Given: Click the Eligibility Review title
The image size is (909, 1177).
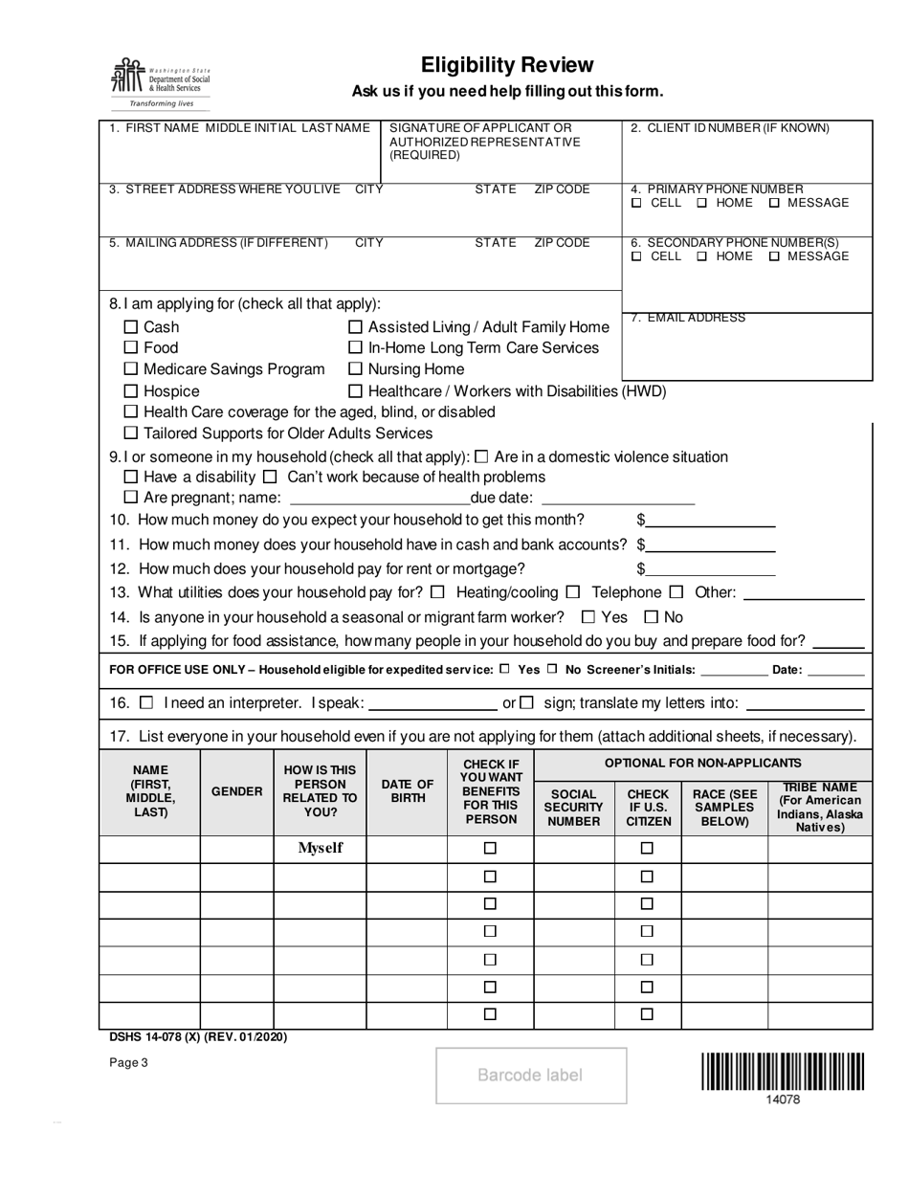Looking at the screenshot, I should [507, 65].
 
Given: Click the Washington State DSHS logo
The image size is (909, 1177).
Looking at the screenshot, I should [159, 82].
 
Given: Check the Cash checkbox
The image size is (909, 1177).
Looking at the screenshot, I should [132, 327].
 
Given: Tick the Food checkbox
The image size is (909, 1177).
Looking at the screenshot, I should [132, 348].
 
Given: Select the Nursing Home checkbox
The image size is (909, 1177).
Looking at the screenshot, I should [355, 369].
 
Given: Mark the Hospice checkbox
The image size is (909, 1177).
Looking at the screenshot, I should [132, 391].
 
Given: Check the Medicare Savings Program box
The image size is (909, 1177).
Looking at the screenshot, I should [132, 369].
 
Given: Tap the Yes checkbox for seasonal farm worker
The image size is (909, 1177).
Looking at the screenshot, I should [588, 617].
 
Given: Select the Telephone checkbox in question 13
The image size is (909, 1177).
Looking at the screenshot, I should [573, 592].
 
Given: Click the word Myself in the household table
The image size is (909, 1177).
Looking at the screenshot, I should [321, 848].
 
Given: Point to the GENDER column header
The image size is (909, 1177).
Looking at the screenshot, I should [236, 791].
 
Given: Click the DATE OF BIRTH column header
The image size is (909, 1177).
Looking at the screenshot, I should [408, 791].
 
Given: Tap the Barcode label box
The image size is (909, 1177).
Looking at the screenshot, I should [531, 1076].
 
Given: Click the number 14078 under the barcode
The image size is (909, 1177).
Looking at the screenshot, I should [783, 1099].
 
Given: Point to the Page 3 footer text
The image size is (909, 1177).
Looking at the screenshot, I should [129, 1061].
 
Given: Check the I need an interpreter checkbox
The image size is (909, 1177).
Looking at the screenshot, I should [146, 703].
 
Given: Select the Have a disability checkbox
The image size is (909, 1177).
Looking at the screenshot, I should [132, 477].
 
